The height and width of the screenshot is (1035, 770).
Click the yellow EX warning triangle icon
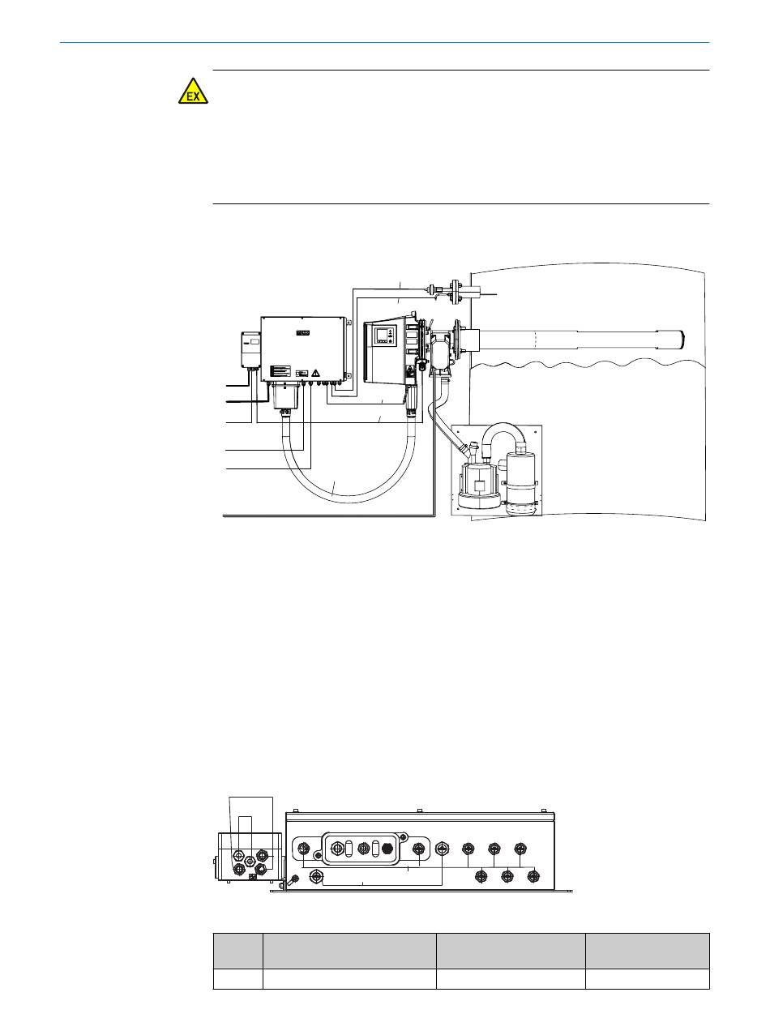[x=193, y=92]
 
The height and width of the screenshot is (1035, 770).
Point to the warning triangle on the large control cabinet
[x=315, y=372]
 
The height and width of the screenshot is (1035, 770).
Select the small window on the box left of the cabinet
[x=254, y=343]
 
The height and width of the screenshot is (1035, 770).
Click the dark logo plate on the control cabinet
[x=302, y=331]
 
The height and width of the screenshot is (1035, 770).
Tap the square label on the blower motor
[x=480, y=487]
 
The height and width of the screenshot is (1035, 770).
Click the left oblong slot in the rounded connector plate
[x=348, y=849]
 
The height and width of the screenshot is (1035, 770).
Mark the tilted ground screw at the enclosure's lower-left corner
[x=295, y=879]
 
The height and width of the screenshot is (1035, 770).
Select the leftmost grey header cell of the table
[x=238, y=950]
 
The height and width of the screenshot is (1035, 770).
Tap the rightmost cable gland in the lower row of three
[x=533, y=875]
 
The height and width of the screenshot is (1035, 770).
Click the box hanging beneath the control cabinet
[x=284, y=396]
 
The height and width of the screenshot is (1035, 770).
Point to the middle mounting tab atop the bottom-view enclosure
[x=418, y=810]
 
